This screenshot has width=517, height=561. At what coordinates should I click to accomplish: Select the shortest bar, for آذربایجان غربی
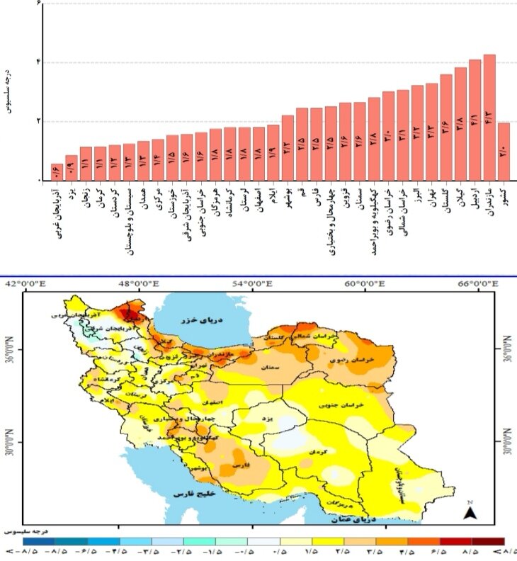click(x=57, y=172)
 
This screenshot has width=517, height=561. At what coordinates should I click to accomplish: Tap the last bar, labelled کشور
click(x=504, y=152)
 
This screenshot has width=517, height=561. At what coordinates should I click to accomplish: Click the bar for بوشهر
click(x=288, y=148)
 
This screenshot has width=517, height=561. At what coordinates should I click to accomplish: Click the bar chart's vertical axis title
click(x=8, y=91)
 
